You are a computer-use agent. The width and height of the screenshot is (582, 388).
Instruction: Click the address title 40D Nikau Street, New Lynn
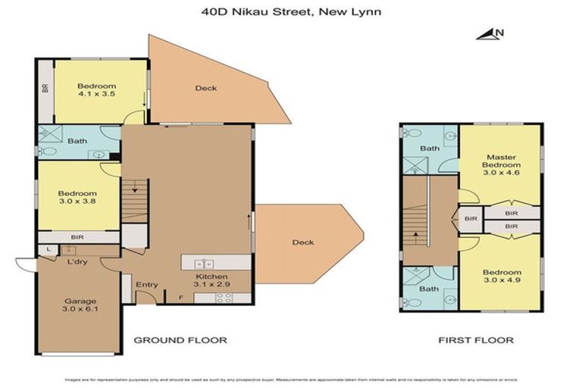point(291,11)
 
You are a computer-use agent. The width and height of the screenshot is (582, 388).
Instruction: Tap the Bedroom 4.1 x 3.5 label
point(97,90)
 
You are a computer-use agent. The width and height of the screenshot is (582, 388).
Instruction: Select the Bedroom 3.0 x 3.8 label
point(77,198)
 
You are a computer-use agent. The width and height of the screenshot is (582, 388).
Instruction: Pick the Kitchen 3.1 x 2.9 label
point(212,281)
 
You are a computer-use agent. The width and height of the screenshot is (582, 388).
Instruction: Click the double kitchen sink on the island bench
point(203,263)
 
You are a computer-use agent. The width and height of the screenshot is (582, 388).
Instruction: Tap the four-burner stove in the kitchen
point(224,297)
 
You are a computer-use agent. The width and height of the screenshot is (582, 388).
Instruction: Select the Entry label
point(146,285)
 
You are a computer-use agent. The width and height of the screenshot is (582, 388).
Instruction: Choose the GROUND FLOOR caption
point(180,340)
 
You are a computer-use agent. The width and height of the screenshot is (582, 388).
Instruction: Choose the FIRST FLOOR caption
point(476,340)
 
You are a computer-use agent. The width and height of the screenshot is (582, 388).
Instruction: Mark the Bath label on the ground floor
point(77,141)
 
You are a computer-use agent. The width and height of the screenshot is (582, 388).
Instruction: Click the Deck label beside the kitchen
point(303,242)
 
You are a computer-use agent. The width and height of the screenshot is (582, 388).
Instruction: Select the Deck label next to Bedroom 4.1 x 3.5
point(206,88)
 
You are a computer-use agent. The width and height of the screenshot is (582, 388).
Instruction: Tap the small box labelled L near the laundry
point(48,249)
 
